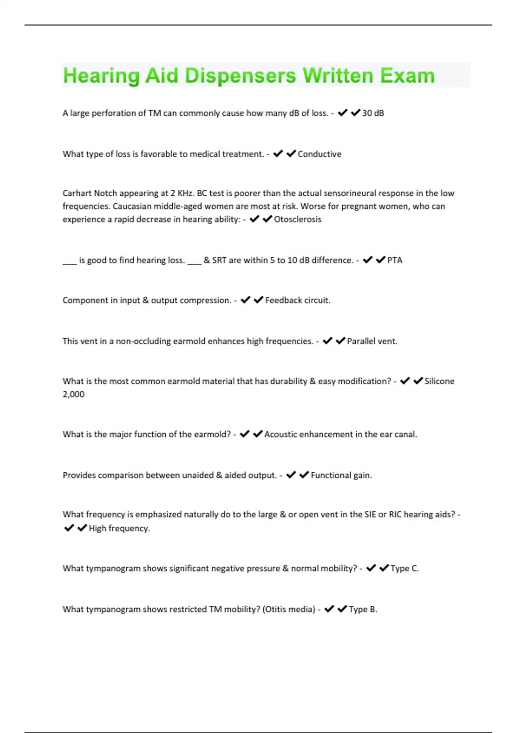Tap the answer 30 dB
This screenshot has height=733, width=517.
pyautogui.click(x=373, y=113)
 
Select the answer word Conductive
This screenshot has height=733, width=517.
pyautogui.click(x=319, y=154)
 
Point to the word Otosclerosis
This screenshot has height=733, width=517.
pyautogui.click(x=298, y=219)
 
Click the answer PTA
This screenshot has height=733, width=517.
pyautogui.click(x=395, y=260)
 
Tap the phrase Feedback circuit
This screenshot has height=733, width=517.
pyautogui.click(x=298, y=300)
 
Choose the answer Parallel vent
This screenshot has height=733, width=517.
pyautogui.click(x=372, y=341)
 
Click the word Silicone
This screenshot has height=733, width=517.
pyautogui.click(x=439, y=381)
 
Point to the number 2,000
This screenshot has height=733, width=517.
pyautogui.click(x=74, y=394)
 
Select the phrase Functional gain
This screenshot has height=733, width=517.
pyautogui.click(x=341, y=475)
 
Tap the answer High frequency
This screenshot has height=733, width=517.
pyautogui.click(x=119, y=528)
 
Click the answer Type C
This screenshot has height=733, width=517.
pyautogui.click(x=405, y=568)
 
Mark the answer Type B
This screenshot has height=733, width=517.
pyautogui.click(x=363, y=609)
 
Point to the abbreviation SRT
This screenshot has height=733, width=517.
pyautogui.click(x=219, y=260)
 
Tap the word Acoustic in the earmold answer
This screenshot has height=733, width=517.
pyautogui.click(x=280, y=434)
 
